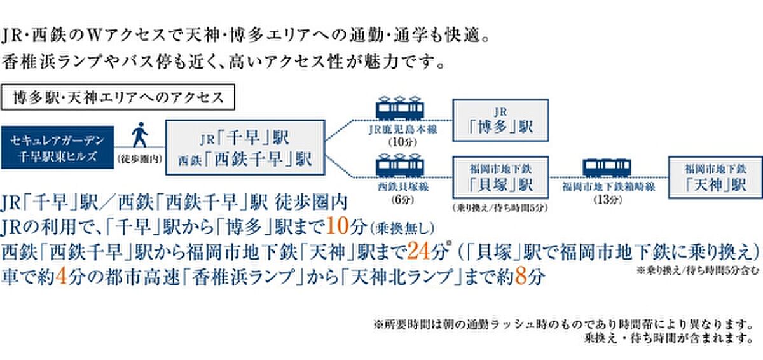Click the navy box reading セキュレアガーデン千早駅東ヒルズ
56,148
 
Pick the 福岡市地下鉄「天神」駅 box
715,177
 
